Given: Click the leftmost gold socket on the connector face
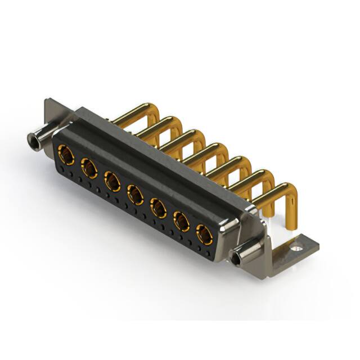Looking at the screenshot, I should (x=66, y=154).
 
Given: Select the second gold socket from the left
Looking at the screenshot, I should (x=89, y=168).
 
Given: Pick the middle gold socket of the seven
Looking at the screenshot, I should (x=136, y=195).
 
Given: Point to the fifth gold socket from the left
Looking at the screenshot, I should (x=159, y=208).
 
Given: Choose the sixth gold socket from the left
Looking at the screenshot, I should (x=182, y=222).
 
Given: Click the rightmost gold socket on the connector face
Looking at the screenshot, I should (x=205, y=235).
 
